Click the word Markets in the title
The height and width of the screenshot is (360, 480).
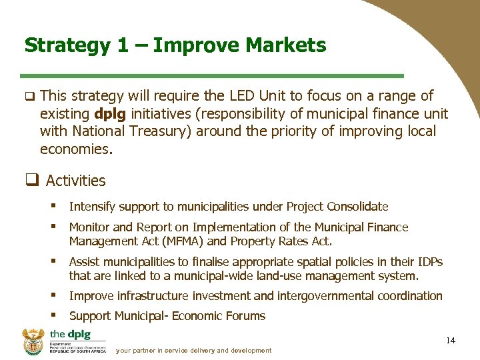(286, 45)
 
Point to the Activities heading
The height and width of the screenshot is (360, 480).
(75, 181)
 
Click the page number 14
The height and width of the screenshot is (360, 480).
(451, 341)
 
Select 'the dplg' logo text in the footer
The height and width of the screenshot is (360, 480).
(69, 335)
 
